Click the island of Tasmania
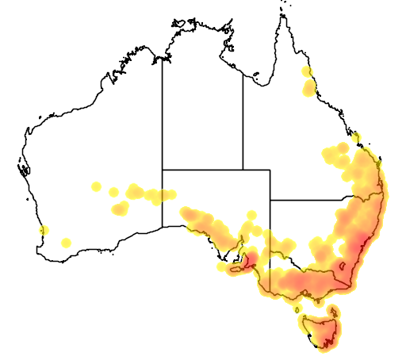(x=321, y=329)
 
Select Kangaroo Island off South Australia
(x=234, y=269)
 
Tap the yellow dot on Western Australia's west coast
(x=44, y=231)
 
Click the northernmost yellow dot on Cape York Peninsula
(x=307, y=72)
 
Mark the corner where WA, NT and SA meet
(x=163, y=169)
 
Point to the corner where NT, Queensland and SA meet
(x=243, y=169)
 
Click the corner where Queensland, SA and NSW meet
(x=270, y=200)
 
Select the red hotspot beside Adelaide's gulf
(x=248, y=259)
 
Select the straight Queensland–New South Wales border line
(x=309, y=200)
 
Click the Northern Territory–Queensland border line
(x=243, y=119)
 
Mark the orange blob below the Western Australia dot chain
(x=121, y=209)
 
